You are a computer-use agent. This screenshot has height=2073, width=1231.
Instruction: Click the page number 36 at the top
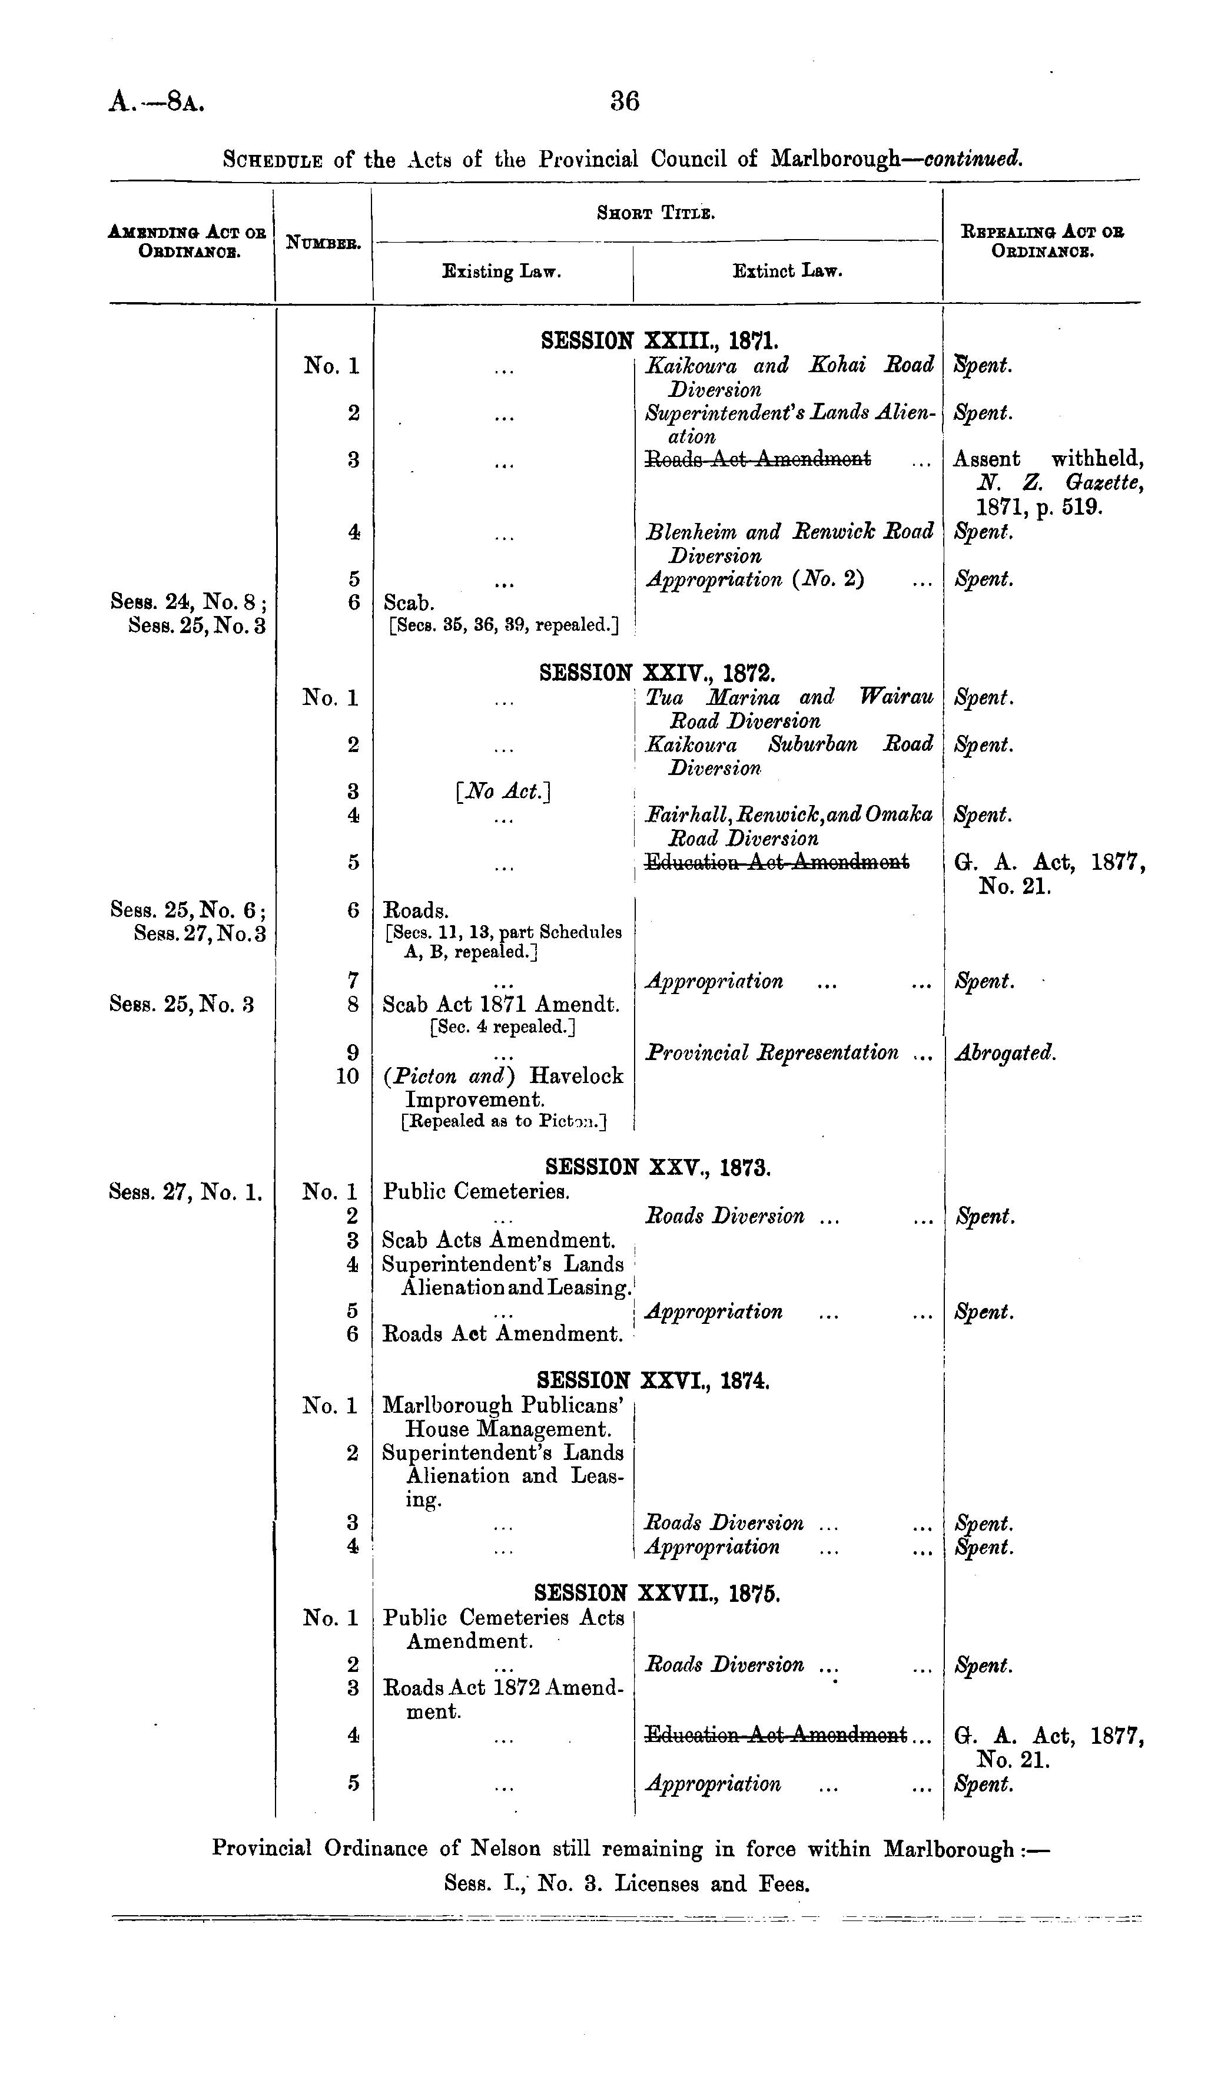[x=625, y=101]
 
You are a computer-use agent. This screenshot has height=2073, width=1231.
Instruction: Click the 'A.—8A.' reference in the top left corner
[x=157, y=102]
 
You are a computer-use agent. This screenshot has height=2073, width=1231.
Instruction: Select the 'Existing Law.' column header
[x=502, y=271]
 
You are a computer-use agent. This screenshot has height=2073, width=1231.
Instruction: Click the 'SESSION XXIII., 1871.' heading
[x=659, y=340]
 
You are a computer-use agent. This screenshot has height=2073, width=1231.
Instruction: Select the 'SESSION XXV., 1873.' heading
[x=659, y=1167]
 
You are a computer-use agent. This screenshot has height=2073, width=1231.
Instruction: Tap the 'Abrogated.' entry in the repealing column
[x=1006, y=1054]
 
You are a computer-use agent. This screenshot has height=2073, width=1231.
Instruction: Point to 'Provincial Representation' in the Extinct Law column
[x=771, y=1054]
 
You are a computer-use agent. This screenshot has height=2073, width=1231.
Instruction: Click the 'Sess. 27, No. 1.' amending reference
[x=187, y=1192]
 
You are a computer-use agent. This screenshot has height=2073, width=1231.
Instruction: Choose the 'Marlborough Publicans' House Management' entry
[x=503, y=1418]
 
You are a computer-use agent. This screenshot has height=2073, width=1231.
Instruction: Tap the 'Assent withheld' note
[x=1048, y=459]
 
